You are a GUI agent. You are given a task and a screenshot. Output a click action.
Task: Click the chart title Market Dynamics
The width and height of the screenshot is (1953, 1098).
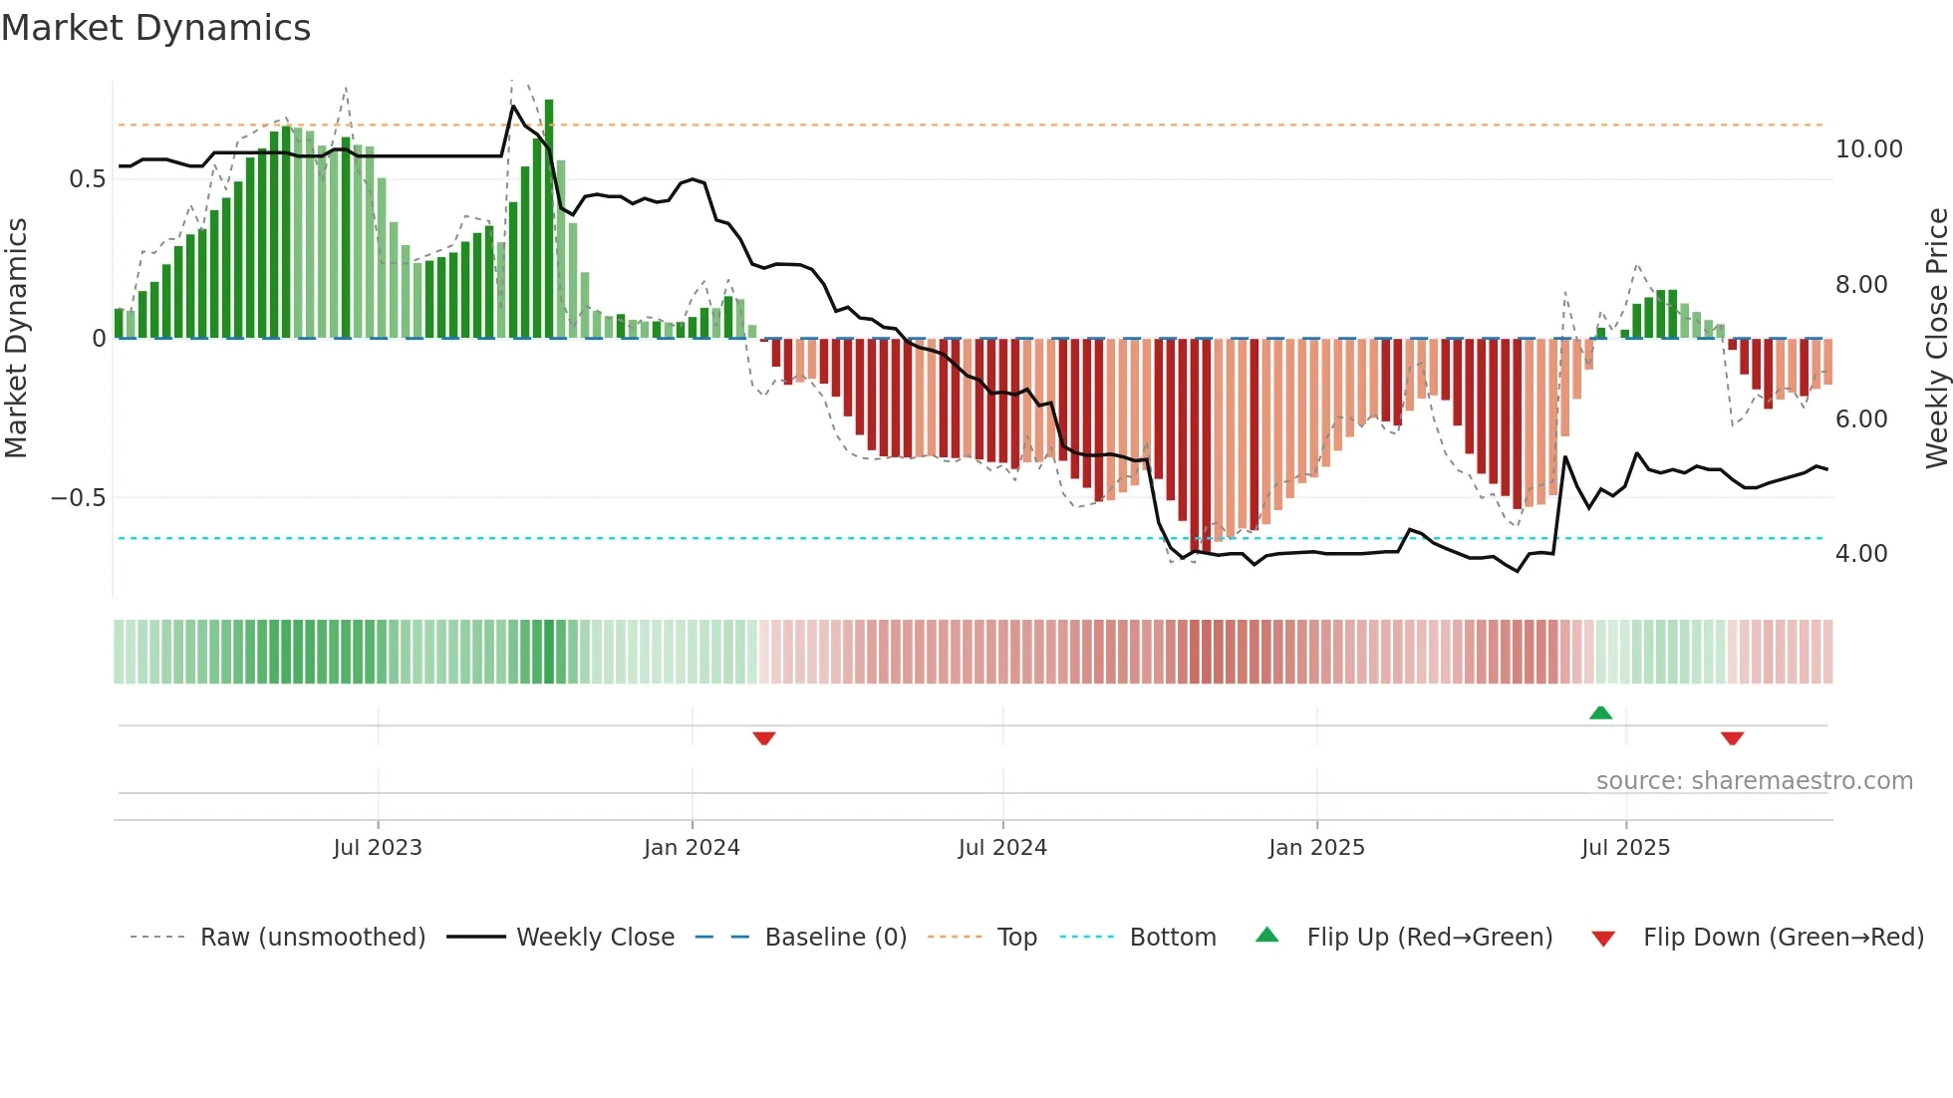pos(155,28)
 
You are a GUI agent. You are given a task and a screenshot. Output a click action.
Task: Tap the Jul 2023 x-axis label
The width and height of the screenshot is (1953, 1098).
pos(378,848)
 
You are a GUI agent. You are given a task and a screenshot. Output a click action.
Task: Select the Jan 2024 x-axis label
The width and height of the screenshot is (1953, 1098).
pos(692,848)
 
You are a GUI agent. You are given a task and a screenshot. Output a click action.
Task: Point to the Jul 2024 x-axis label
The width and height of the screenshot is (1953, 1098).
pos(1002,848)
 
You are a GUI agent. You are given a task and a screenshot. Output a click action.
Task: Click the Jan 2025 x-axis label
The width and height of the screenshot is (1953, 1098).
pos(1316,848)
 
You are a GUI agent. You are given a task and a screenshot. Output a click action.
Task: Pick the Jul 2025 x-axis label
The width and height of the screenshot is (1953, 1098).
pos(1625,848)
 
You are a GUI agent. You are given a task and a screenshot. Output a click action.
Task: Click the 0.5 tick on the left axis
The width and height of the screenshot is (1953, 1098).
pos(87,179)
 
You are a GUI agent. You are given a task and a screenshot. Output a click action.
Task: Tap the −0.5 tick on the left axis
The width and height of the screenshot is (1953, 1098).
pos(79,498)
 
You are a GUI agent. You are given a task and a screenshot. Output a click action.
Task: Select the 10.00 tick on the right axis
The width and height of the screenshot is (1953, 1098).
pos(1868,149)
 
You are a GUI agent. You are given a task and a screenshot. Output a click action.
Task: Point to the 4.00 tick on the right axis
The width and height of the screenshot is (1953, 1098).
pos(1861,554)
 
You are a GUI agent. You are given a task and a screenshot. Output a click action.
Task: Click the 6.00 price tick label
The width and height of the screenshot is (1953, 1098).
pos(1861,419)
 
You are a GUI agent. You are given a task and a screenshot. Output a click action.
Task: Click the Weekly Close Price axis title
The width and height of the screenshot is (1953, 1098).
pos(1936,339)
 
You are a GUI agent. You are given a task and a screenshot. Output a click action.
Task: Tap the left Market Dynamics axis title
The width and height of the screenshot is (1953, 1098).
pos(16,339)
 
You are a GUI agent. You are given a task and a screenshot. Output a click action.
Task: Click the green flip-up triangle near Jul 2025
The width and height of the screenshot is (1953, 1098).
pos(1600,713)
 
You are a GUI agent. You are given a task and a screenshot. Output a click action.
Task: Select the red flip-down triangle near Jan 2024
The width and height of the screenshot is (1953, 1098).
pos(764,738)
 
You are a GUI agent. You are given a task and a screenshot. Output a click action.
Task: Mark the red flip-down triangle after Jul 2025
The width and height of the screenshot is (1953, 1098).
pos(1732,738)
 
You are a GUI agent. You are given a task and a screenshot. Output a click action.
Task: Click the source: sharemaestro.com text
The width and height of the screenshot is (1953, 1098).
pos(1754,781)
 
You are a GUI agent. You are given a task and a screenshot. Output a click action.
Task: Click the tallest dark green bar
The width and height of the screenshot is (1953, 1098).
pos(549,219)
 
